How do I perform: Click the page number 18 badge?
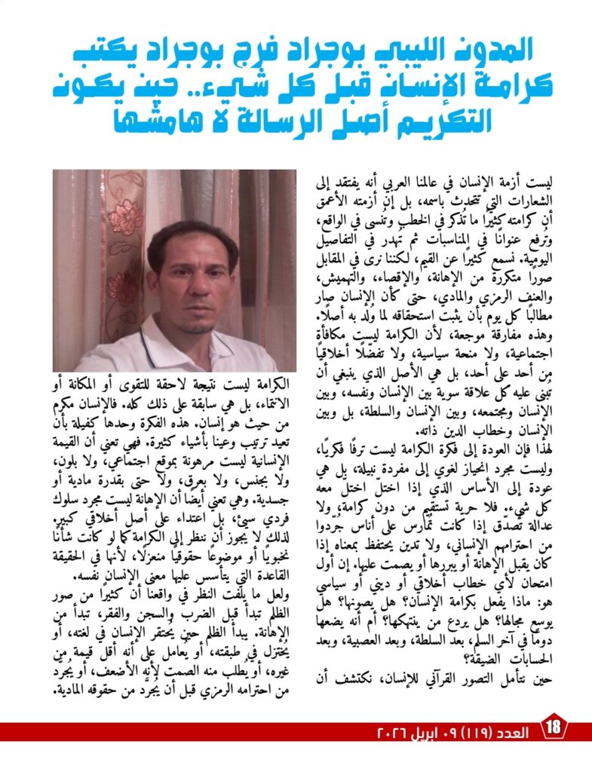pyautogui.click(x=554, y=728)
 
